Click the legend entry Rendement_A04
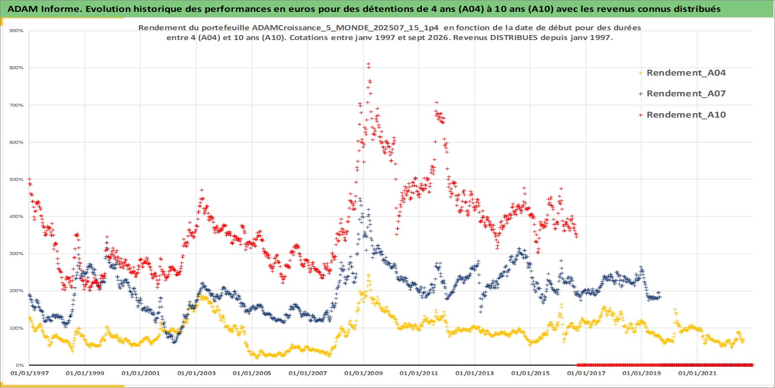[686, 73]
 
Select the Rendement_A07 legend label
[686, 93]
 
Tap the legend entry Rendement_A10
[686, 115]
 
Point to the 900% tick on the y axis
[17, 31]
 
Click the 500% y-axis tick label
[17, 179]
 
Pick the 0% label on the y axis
[19, 365]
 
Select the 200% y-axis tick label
[17, 291]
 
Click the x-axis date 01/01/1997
[30, 373]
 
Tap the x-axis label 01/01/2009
[363, 373]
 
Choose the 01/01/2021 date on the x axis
[697, 373]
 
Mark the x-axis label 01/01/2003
[196, 373]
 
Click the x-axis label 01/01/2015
[530, 373]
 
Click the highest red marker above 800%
[368, 64]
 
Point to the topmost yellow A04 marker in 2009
[368, 275]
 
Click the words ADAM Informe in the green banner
[44, 9]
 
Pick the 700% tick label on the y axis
[17, 105]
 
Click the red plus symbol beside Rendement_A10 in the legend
[641, 115]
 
